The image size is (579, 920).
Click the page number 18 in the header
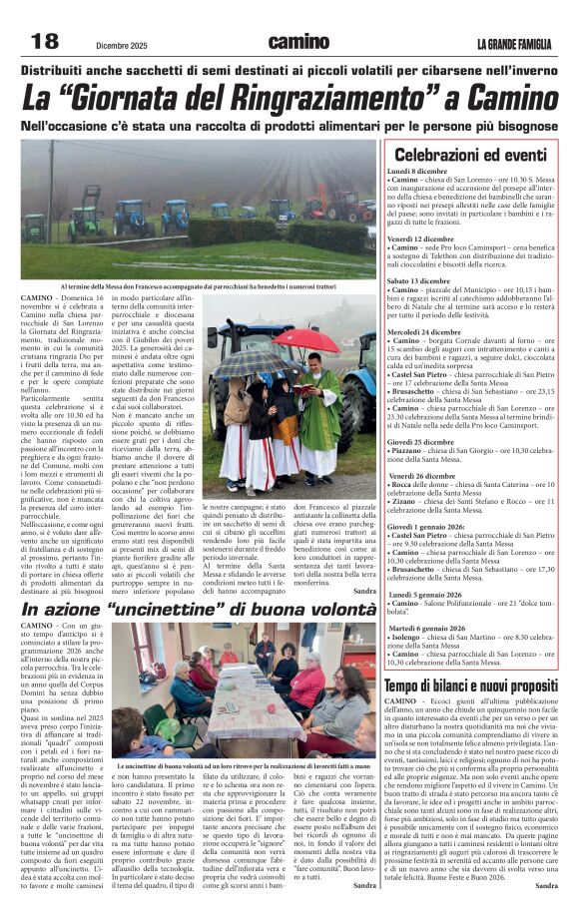(45, 41)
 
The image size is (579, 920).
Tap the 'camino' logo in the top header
(297, 41)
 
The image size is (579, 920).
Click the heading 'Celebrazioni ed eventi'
(470, 155)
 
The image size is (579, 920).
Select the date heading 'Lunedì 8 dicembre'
(418, 171)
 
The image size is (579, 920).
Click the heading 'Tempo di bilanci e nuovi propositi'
(470, 685)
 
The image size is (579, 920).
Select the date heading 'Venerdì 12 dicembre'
(420, 239)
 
